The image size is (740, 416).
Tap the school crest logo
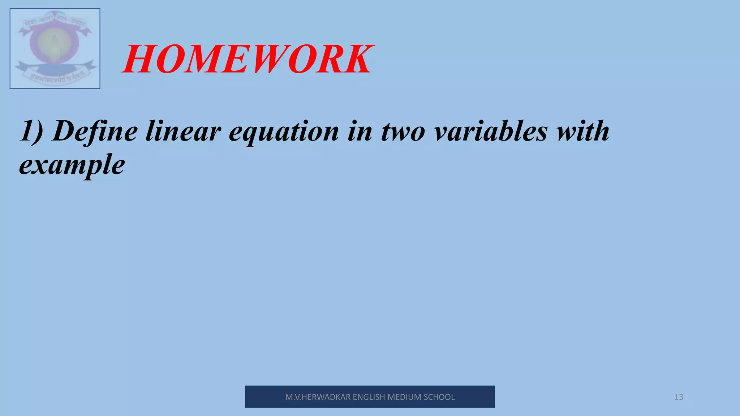pos(55,48)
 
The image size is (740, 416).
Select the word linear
pos(183,131)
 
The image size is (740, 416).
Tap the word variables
pos(491,131)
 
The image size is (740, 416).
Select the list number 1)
pos(32,131)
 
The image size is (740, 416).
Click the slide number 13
pos(679,397)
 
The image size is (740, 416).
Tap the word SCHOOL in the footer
pos(439,397)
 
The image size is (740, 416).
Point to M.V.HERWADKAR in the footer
pos(318,397)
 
